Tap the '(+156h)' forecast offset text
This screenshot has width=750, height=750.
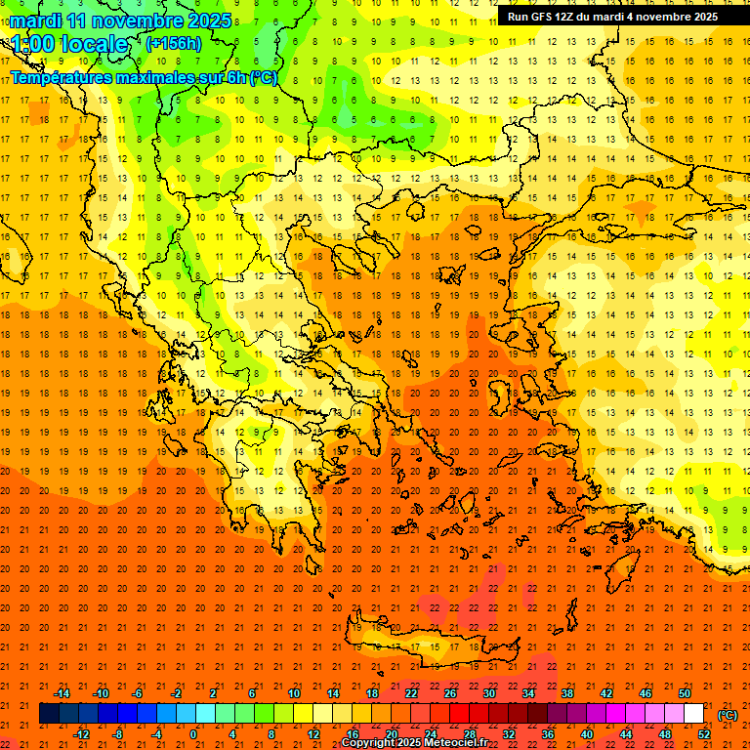point(173,43)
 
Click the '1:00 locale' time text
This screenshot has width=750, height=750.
point(69,44)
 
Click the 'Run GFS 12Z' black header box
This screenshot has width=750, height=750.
point(612,16)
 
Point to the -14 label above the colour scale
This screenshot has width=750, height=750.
point(61,693)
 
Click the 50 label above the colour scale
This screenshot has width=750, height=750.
point(684,693)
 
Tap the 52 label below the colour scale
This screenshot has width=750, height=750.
point(704,734)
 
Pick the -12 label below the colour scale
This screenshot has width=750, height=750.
point(81,734)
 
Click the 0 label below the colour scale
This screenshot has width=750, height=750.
point(193,734)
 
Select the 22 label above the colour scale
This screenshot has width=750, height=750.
point(411,693)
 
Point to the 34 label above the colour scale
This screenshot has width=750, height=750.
point(528,693)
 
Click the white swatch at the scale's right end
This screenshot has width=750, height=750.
point(693,714)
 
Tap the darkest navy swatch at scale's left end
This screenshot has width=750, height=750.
point(49,714)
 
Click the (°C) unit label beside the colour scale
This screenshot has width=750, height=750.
point(728,715)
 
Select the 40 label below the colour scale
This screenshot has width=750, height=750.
point(587,734)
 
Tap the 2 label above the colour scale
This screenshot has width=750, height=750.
point(213,693)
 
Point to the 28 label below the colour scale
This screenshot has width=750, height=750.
point(470,734)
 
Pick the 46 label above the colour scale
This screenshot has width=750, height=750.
point(645,693)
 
